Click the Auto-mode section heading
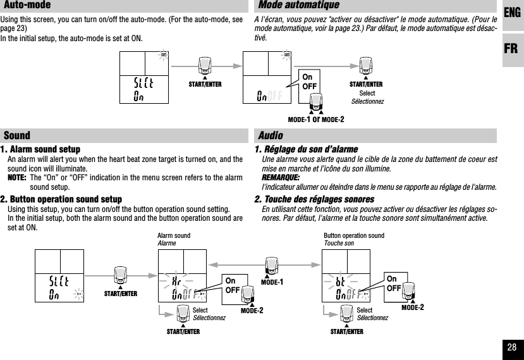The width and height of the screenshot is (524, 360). tap(28, 6)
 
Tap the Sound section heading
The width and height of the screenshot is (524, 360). tap(18, 135)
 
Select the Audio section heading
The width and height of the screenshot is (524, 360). tap(271, 135)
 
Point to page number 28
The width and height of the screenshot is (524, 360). tap(512, 347)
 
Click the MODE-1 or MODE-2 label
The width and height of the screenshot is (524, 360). tap(315, 120)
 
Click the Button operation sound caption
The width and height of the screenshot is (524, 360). tap(353, 236)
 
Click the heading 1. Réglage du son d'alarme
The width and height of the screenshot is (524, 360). tap(305, 149)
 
